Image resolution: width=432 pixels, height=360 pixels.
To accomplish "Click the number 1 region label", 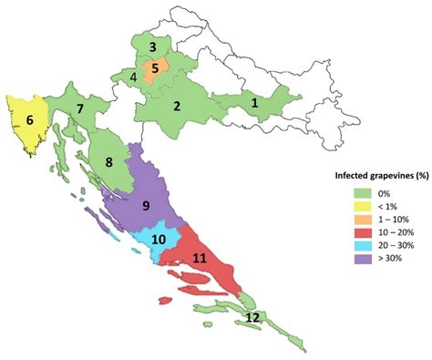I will pyautogui.click(x=254, y=104).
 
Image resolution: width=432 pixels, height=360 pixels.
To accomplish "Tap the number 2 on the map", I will pyautogui.click(x=177, y=106).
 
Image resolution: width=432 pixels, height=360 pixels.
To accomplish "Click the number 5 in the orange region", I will pyautogui.click(x=155, y=67).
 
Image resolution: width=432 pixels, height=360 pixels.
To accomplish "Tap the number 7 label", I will pyautogui.click(x=81, y=108).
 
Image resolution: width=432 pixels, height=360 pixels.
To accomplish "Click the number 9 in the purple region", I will pyautogui.click(x=145, y=206).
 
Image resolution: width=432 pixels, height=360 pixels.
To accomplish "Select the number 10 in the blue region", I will pyautogui.click(x=159, y=240).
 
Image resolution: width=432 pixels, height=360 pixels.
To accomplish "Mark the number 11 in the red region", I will pyautogui.click(x=200, y=259).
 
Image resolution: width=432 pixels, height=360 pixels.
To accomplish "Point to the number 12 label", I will pyautogui.click(x=252, y=317).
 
